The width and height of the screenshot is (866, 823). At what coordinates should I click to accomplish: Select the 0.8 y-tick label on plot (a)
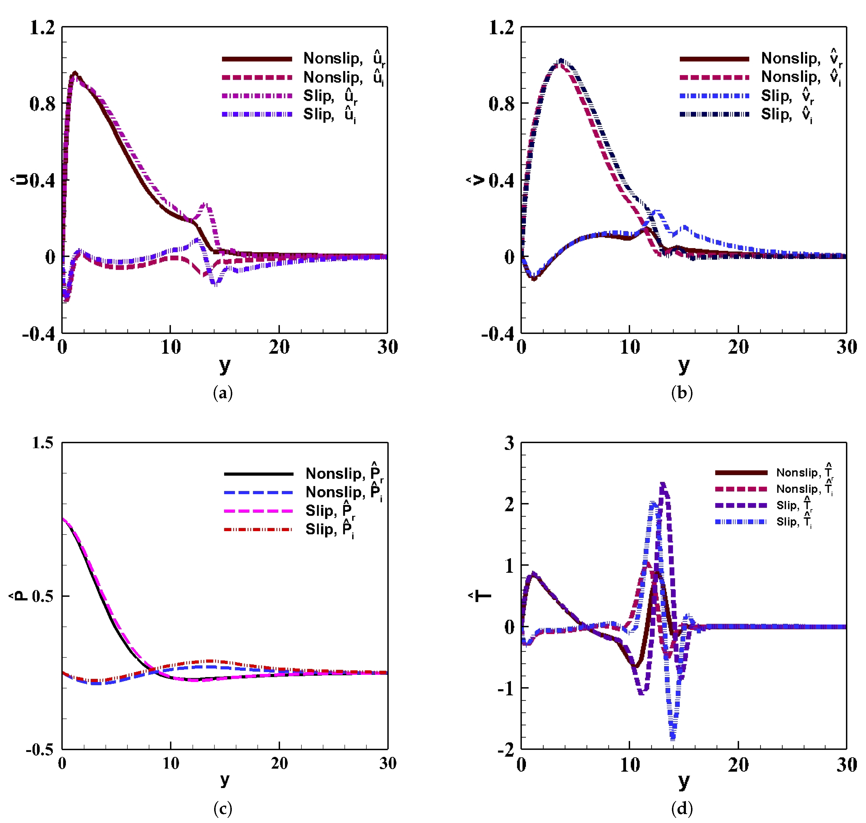point(43,104)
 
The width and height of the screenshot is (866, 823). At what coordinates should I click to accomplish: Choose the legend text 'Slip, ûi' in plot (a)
point(330,115)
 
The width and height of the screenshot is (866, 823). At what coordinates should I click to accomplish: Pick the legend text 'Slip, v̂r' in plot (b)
point(787,96)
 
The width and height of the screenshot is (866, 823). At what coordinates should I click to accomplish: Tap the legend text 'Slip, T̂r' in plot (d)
point(794,505)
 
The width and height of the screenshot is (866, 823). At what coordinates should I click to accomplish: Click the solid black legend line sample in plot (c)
point(258,474)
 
